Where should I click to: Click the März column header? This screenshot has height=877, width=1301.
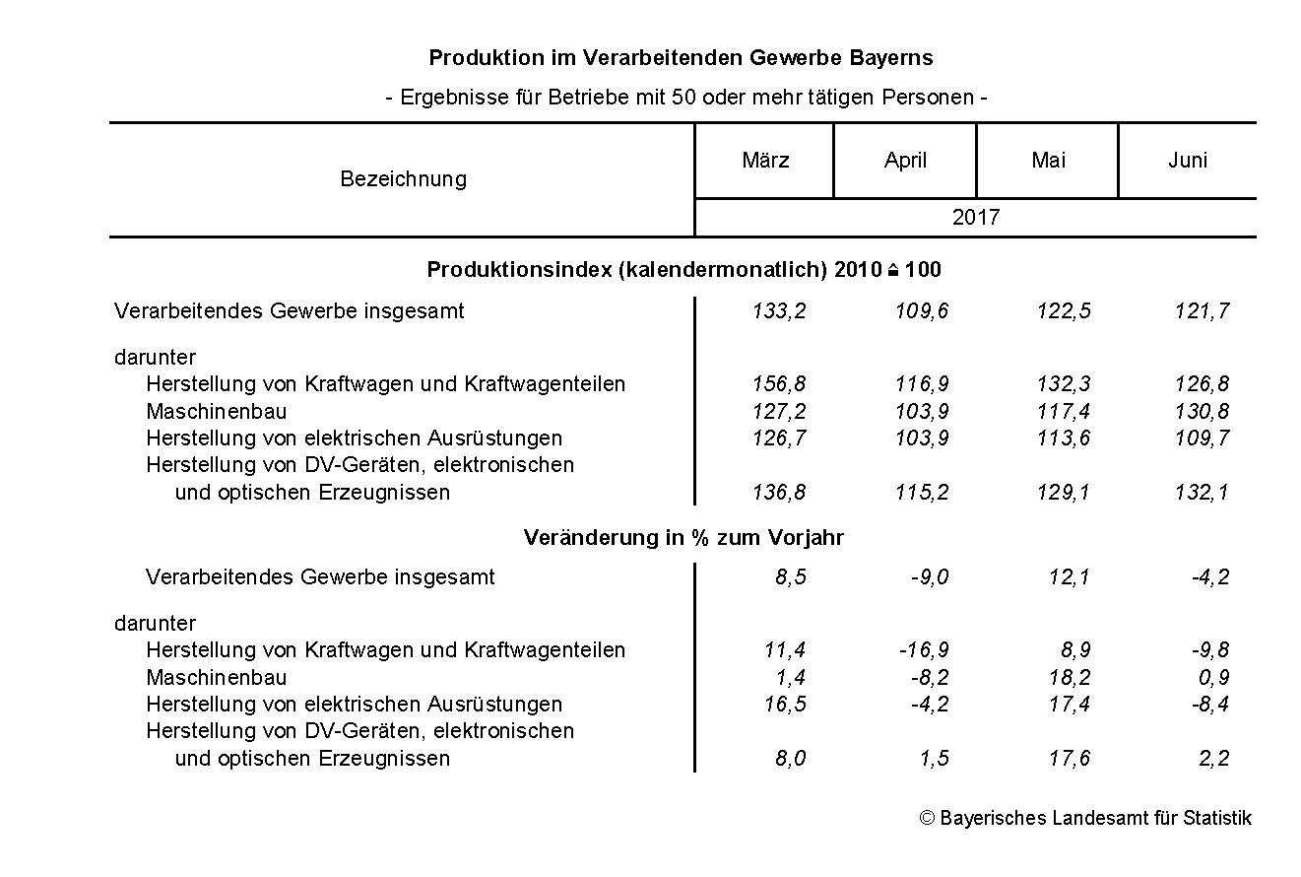(x=765, y=161)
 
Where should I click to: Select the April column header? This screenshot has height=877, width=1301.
(x=905, y=161)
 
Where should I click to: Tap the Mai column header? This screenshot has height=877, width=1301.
(x=1048, y=161)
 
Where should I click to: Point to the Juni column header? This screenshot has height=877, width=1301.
(x=1187, y=161)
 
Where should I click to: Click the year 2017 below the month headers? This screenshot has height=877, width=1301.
(x=975, y=218)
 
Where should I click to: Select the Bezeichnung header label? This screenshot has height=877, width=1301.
(x=403, y=179)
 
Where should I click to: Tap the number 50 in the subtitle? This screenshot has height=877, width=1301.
(x=683, y=98)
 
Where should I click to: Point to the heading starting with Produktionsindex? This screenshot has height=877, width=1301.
(x=683, y=270)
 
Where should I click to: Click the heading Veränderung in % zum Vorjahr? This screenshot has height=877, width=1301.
(x=683, y=538)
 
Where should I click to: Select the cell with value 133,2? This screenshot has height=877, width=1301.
(x=779, y=311)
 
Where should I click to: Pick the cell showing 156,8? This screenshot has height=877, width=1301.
(x=779, y=384)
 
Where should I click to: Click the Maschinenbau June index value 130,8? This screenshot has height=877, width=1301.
(x=1202, y=412)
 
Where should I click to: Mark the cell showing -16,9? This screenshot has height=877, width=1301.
(x=924, y=650)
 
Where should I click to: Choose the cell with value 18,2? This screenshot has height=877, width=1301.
(x=1069, y=678)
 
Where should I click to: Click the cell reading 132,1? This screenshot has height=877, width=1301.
(x=1202, y=493)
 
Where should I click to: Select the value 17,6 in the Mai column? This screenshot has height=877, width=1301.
(x=1069, y=759)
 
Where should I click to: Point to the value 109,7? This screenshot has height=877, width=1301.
(x=1202, y=438)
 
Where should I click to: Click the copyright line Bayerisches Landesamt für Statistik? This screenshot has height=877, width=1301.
(x=1085, y=819)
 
